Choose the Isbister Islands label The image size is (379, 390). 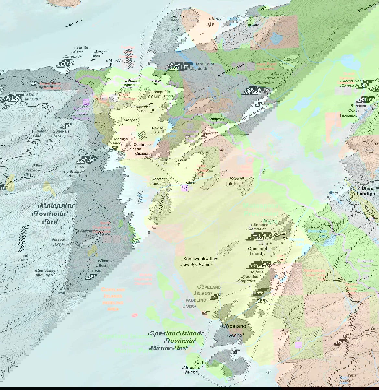click(x=158, y=181)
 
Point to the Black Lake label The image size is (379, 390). click(x=286, y=62)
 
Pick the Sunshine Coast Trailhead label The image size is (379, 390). click(x=349, y=110)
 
